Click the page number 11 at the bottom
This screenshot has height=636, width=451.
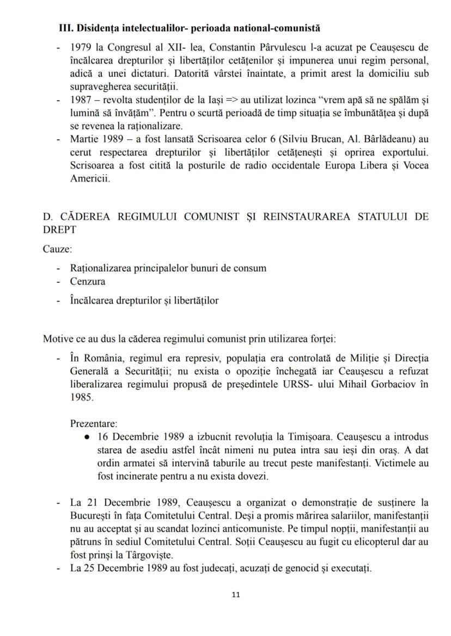pyautogui.click(x=236, y=594)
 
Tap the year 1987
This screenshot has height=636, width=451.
pyautogui.click(x=81, y=100)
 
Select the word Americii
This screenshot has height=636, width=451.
pyautogui.click(x=89, y=177)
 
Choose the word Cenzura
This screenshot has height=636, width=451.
pyautogui.click(x=88, y=281)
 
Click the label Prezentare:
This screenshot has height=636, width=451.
pyautogui.click(x=93, y=423)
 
